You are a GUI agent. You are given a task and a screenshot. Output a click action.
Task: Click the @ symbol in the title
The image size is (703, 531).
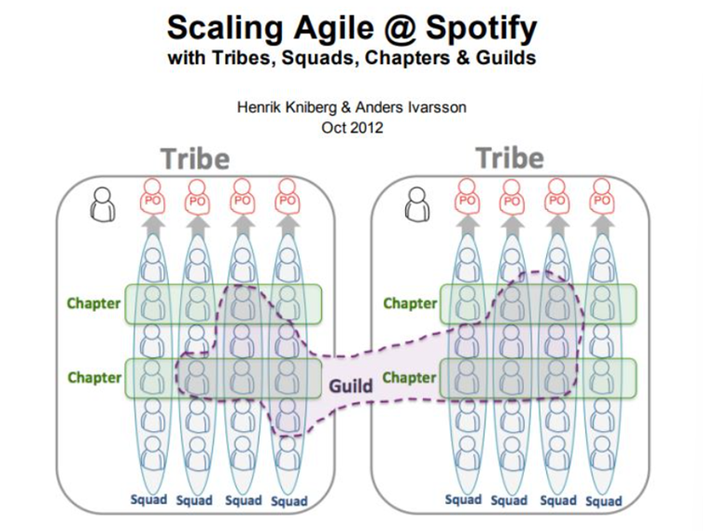point(400,29)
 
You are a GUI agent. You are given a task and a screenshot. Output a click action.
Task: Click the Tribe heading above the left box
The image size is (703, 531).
point(195,159)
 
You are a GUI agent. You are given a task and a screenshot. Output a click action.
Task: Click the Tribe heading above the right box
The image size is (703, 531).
point(511,158)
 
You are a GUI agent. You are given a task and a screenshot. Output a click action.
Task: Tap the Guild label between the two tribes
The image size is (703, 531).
point(351,385)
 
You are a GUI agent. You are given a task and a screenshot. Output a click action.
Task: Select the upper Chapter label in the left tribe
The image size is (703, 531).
point(93,304)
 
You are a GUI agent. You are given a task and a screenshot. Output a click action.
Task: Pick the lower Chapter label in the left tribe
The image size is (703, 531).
point(94,378)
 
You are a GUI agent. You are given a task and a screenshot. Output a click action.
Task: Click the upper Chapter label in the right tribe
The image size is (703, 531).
point(410,304)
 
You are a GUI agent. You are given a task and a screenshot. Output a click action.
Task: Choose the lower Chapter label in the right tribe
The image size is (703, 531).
point(409,378)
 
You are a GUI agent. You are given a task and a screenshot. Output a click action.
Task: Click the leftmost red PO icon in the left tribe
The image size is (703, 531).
point(152,197)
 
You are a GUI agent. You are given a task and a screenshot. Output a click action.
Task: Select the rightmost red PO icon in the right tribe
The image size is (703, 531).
point(601,197)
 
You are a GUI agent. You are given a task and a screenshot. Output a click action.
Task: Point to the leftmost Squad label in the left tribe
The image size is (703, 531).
point(148,499)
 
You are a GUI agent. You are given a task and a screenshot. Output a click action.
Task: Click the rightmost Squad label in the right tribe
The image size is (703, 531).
point(603,501)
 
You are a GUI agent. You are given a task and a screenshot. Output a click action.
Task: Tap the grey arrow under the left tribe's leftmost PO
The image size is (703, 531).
point(154,225)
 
